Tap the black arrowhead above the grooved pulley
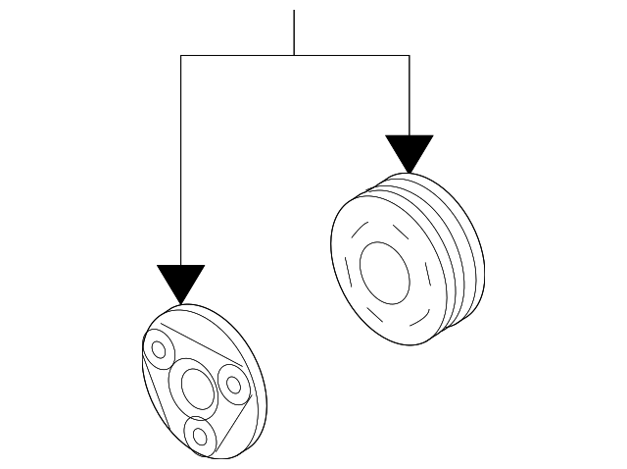click(409, 151)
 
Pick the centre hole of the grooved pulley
click(386, 271)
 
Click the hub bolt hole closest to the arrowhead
click(157, 348)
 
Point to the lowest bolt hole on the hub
click(201, 433)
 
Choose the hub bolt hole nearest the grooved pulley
click(232, 380)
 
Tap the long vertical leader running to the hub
click(181, 157)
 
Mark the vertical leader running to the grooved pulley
click(409, 93)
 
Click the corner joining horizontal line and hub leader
click(181, 56)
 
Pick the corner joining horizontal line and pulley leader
click(409, 56)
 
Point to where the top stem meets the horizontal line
click(294, 56)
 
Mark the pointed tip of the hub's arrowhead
click(181, 302)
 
